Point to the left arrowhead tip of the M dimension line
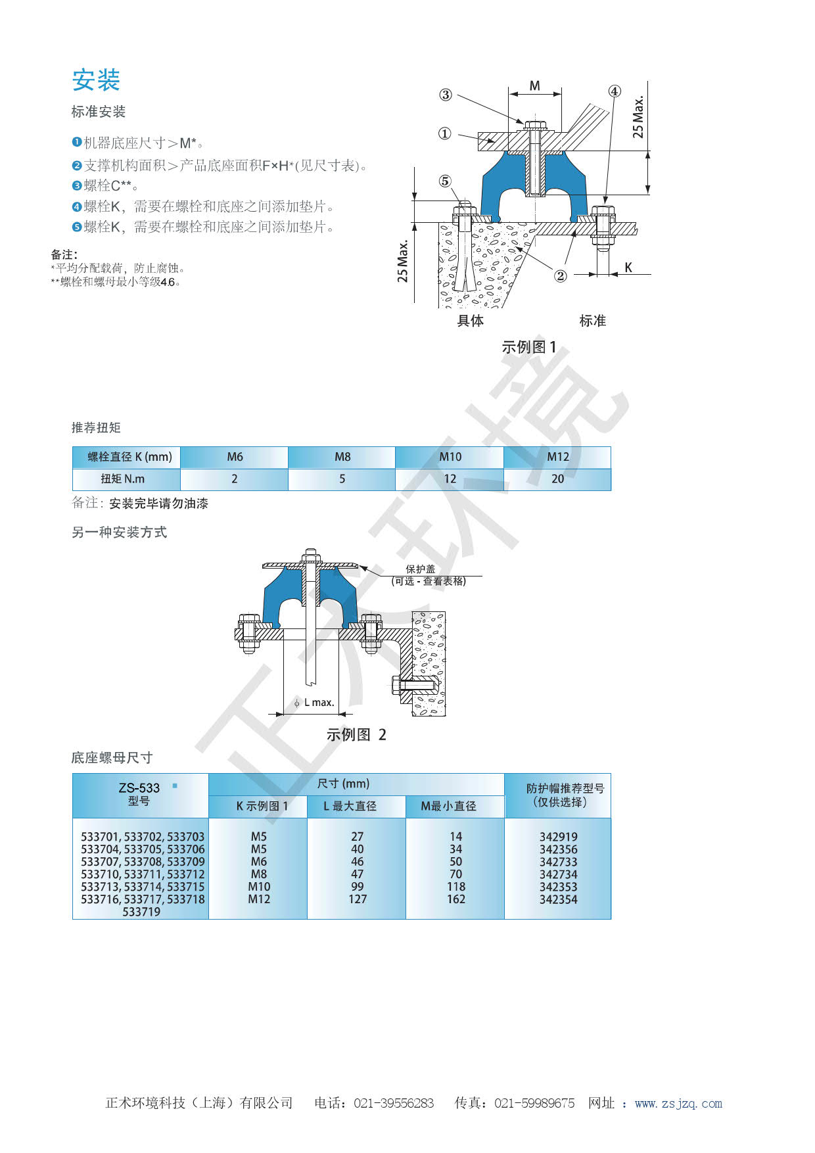pyautogui.click(x=509, y=93)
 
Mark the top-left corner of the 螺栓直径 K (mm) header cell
pyautogui.click(x=72, y=447)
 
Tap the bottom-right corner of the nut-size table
pyautogui.click(x=611, y=918)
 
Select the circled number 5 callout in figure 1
pyautogui.click(x=445, y=181)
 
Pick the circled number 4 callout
pyautogui.click(x=614, y=91)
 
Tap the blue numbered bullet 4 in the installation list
pyautogui.click(x=76, y=206)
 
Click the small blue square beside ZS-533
pyautogui.click(x=174, y=786)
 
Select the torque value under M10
pyautogui.click(x=450, y=479)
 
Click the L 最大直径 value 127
pyautogui.click(x=358, y=899)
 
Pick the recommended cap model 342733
pyautogui.click(x=558, y=862)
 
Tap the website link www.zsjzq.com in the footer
pyautogui.click(x=678, y=1104)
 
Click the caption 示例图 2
pyautogui.click(x=356, y=735)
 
